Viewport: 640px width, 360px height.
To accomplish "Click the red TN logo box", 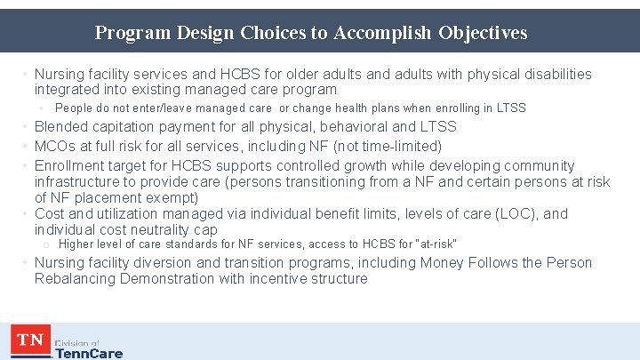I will [29, 340].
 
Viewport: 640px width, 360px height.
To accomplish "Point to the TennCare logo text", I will [89, 353].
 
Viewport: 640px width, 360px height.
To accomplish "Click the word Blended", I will [63, 127].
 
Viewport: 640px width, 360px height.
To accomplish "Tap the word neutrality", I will [155, 230].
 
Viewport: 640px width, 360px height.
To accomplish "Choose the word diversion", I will [174, 263].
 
